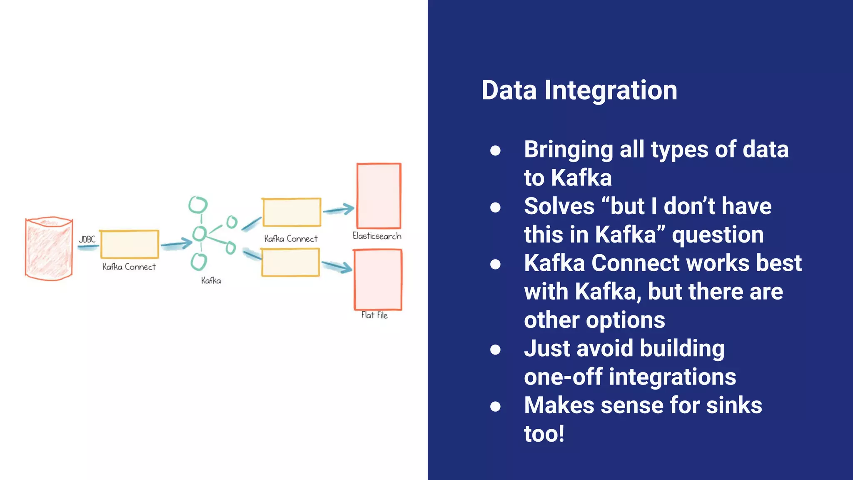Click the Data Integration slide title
click(579, 90)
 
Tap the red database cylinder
click(49, 249)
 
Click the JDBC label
click(87, 240)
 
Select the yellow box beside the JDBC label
click(130, 244)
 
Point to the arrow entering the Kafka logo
click(176, 244)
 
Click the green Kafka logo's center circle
click(200, 233)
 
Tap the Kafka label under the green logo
click(211, 281)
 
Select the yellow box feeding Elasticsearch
click(291, 212)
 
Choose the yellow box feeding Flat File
click(290, 262)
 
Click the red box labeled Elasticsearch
click(379, 195)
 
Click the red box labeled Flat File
click(378, 280)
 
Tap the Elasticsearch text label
click(377, 236)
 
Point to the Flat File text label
click(374, 315)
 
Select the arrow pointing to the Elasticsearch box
click(338, 209)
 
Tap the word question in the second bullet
click(718, 235)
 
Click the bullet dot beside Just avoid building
click(495, 349)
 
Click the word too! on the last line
click(544, 434)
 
